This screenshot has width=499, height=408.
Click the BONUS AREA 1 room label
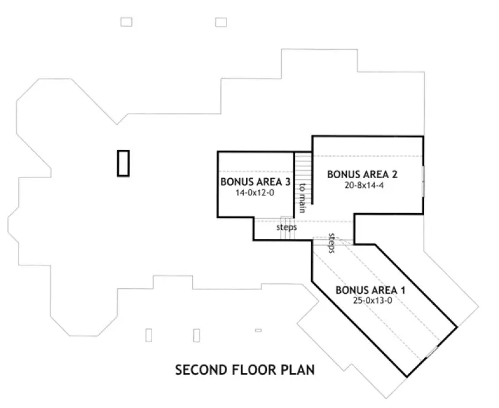(x=370, y=290)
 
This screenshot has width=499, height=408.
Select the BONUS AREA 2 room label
(x=362, y=174)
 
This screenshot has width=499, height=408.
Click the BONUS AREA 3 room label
(x=255, y=182)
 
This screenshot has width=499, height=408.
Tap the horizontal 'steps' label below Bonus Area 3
(x=286, y=227)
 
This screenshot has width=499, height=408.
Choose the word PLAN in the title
(x=300, y=370)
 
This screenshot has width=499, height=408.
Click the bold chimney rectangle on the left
(x=124, y=163)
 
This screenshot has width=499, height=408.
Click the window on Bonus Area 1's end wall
(x=432, y=351)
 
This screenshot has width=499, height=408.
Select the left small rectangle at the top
(x=126, y=22)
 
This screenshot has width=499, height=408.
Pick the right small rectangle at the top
(x=221, y=22)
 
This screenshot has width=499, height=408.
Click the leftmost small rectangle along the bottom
(x=149, y=335)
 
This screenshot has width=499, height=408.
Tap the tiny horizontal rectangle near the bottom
(x=258, y=331)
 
